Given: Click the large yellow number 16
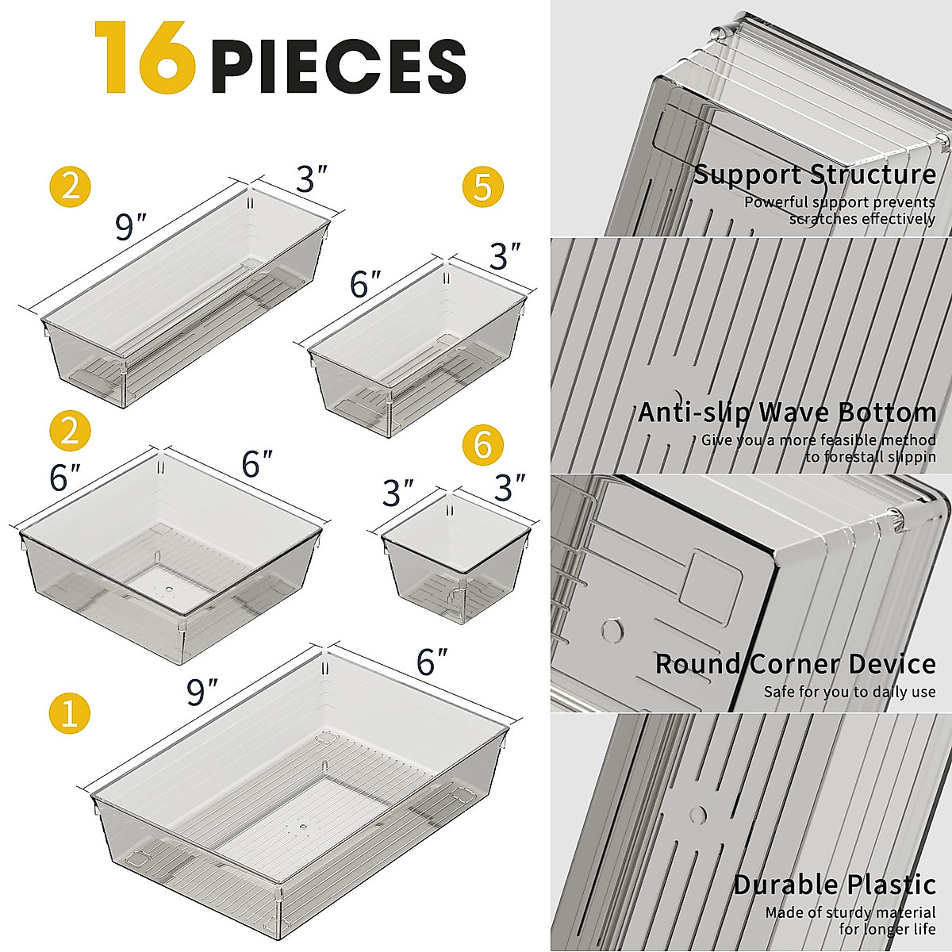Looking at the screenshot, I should click(144, 59).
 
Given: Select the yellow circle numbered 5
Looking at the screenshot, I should click(482, 187).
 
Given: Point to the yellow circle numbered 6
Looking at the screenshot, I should click(482, 445).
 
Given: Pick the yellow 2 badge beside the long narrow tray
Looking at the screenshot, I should click(70, 187).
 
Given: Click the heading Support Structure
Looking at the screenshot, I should click(815, 175).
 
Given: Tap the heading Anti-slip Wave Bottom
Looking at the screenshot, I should click(787, 413).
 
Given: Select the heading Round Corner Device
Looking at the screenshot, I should click(795, 664).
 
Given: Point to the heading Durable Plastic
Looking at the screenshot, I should click(834, 885).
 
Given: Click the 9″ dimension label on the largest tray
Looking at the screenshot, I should click(202, 693).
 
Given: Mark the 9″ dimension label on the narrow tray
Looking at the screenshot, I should click(131, 228).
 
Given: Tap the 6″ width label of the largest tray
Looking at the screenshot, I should click(432, 661).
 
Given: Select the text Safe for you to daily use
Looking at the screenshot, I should click(850, 692).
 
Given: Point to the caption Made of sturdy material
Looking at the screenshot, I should click(850, 912).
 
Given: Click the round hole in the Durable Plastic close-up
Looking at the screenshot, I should click(698, 815).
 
